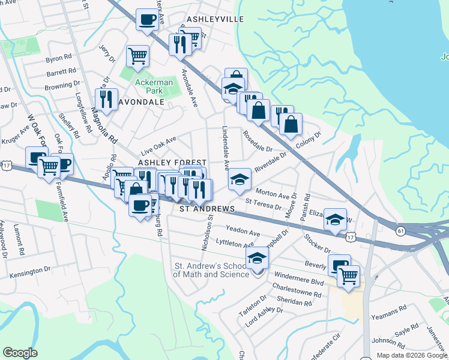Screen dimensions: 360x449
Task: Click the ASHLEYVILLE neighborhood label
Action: tap(215, 19)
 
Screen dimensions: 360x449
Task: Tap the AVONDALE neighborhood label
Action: tap(144, 102)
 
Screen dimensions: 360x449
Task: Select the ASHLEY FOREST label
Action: tap(173, 163)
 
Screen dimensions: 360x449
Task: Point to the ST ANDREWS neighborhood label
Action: tap(208, 208)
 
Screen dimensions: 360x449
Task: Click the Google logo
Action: tap(20, 353)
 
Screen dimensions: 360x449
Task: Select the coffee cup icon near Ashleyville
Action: tap(147, 19)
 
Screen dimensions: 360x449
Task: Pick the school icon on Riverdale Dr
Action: tap(239, 178)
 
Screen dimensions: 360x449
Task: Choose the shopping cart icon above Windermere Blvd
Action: tap(348, 275)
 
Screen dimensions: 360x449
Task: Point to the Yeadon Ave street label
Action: tap(243, 230)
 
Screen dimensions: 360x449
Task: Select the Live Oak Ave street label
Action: tap(158, 145)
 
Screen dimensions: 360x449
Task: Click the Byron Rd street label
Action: tap(58, 59)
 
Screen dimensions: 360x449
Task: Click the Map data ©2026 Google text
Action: tap(412, 355)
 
